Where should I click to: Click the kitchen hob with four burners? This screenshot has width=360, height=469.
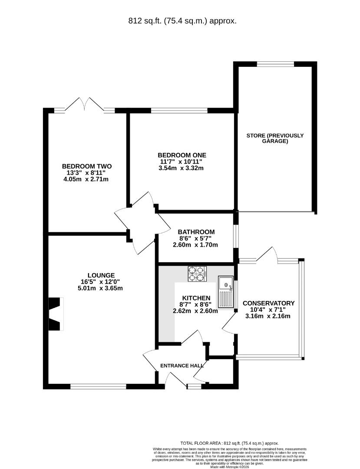197,274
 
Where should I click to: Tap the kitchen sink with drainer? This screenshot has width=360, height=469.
226,292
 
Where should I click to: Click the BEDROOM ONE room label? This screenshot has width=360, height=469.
182,155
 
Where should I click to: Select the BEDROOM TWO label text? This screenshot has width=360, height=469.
87,166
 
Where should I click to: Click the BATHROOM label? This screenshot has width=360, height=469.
196,232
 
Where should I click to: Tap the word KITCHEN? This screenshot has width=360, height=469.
196,298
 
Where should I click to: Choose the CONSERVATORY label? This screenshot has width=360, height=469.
268,303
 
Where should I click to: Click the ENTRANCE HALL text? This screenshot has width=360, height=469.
182,366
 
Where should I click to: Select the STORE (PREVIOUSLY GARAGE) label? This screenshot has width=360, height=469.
275,138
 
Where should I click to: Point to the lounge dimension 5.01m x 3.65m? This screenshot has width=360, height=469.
100,288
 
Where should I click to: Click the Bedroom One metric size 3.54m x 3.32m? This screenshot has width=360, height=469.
181,168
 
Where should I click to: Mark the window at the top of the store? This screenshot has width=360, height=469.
275,63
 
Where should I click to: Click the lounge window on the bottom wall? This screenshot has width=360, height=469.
98,387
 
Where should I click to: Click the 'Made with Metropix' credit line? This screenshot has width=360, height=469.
229,466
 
